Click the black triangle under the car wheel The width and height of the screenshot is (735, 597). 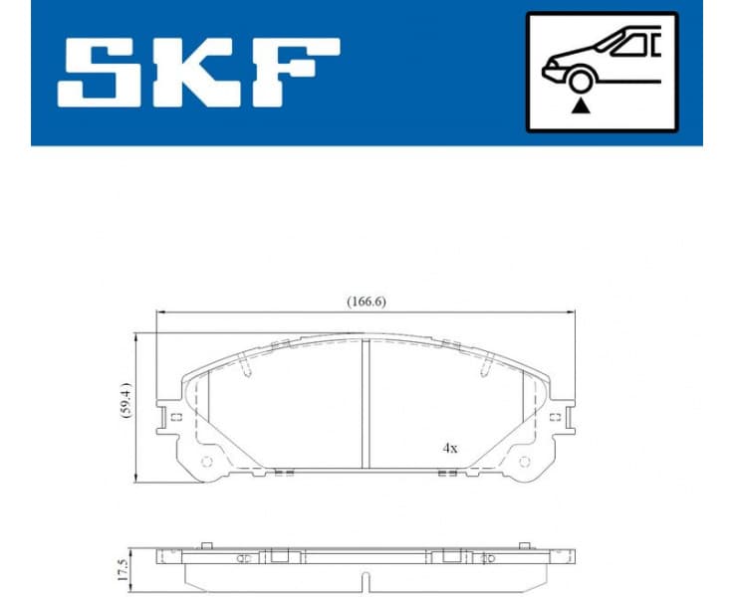(578, 106)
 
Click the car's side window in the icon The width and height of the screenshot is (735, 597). (633, 45)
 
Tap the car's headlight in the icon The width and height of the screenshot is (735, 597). (550, 69)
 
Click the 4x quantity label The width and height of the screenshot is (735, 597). (450, 449)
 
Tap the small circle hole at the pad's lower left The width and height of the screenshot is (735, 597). (207, 461)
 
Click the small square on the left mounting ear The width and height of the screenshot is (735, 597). (175, 417)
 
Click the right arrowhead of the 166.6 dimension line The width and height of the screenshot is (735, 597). (572, 312)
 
